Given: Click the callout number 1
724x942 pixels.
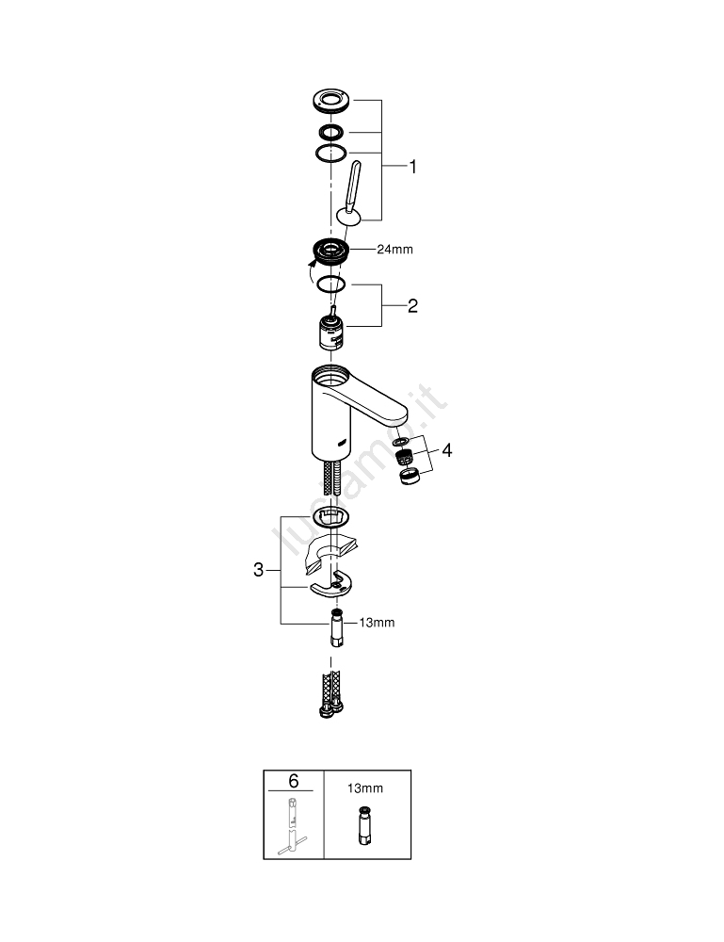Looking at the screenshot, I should click(412, 167).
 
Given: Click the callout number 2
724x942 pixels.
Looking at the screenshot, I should click(412, 306).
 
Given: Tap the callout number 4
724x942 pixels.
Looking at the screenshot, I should click(447, 451).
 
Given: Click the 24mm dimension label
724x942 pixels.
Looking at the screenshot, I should click(394, 250).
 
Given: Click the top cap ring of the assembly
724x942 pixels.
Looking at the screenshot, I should click(331, 99).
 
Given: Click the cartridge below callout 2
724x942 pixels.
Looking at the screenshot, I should click(330, 333).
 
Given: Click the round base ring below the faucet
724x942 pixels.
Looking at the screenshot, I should click(330, 515).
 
